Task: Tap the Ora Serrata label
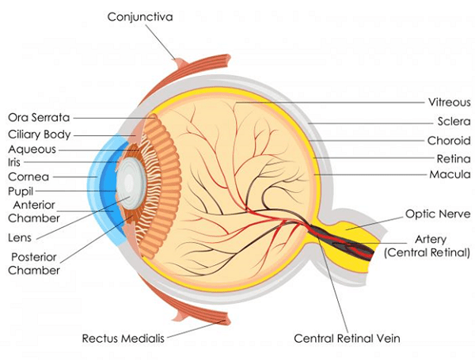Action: coord(39,118)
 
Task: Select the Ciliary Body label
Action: coord(39,134)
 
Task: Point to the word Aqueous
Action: coord(32,148)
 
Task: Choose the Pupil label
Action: coord(23,191)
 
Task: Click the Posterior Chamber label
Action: coord(33,263)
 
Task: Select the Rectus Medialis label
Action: coord(123,339)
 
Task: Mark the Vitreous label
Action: coord(449,103)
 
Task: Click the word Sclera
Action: coord(454,122)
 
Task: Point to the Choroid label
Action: coord(450,140)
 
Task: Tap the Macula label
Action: coord(450,174)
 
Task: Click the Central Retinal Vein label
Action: coord(348,339)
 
